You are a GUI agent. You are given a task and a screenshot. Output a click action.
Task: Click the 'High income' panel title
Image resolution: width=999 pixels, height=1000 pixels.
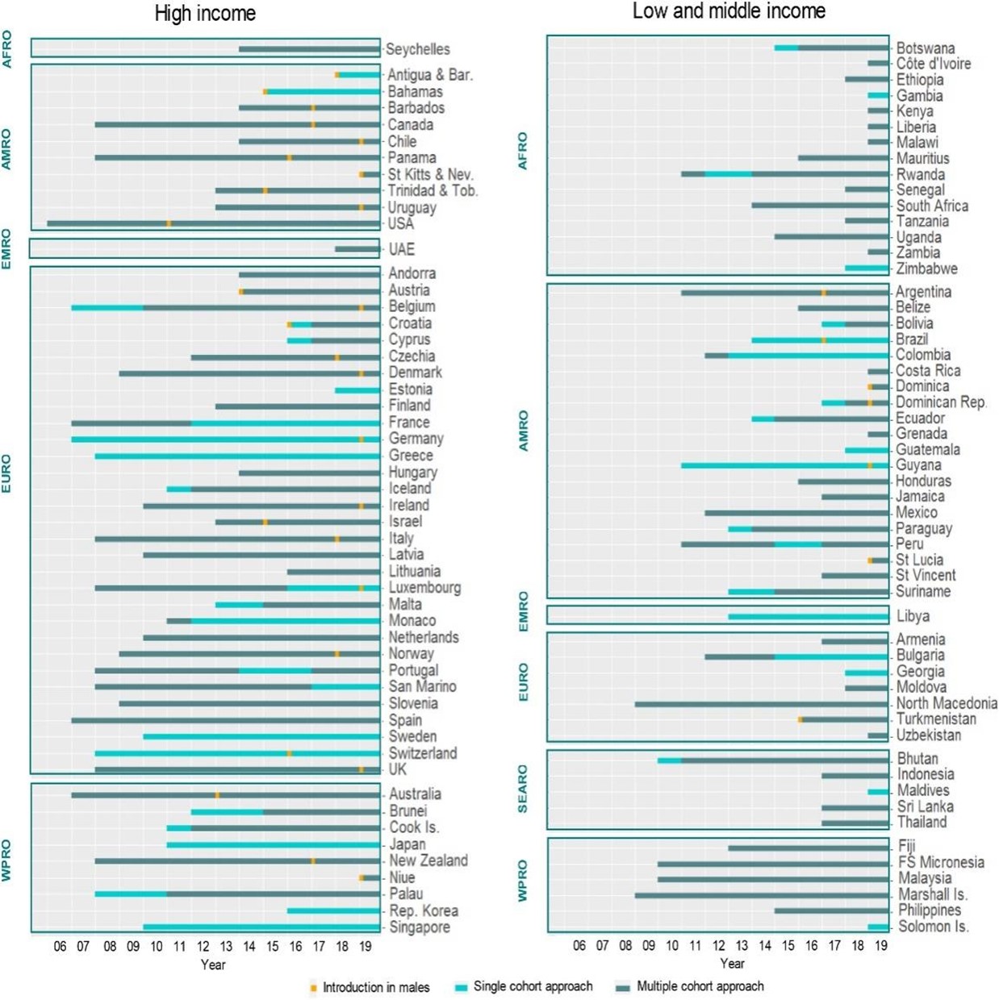tap(205, 14)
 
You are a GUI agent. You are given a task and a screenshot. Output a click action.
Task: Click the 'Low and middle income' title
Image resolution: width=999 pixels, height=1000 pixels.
tap(728, 11)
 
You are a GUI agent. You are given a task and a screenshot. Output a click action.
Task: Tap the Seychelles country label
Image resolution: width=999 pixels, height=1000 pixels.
tap(417, 49)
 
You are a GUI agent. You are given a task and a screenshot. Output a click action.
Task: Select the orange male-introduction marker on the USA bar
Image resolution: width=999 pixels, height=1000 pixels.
tap(169, 223)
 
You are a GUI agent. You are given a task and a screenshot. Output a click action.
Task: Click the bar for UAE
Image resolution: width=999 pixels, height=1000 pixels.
tap(357, 249)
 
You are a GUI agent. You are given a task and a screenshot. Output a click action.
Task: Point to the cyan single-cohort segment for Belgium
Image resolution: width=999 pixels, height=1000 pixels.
tap(107, 307)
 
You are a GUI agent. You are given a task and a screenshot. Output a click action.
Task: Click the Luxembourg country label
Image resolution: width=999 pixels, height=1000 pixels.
tap(424, 588)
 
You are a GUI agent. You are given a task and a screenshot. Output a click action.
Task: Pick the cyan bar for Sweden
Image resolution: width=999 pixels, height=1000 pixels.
tap(261, 737)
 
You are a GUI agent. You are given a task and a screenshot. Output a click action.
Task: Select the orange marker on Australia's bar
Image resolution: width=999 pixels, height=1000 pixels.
tap(217, 795)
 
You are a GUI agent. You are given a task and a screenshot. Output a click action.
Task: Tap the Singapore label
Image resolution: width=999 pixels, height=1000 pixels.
tap(420, 927)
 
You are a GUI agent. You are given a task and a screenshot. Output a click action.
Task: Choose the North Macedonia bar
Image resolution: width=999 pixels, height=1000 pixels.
tap(761, 704)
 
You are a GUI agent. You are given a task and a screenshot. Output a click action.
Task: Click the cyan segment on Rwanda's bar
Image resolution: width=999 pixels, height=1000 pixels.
tap(729, 174)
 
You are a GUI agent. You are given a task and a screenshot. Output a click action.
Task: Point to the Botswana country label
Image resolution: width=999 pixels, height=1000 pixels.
tap(925, 48)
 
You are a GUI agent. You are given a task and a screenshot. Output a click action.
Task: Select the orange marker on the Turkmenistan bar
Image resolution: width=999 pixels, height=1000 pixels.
tap(800, 719)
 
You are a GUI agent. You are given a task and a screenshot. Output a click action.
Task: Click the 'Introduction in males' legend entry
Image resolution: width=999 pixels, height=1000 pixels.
tap(375, 987)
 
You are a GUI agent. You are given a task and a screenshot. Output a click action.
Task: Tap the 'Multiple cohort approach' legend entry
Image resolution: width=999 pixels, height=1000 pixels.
tap(699, 986)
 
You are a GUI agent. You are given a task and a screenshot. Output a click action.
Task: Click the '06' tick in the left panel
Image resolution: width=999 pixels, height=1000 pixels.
tap(60, 946)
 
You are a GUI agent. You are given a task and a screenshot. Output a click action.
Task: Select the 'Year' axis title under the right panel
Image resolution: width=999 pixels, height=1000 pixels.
tap(732, 964)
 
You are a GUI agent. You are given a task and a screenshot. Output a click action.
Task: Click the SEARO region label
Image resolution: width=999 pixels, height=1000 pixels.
tap(523, 790)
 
